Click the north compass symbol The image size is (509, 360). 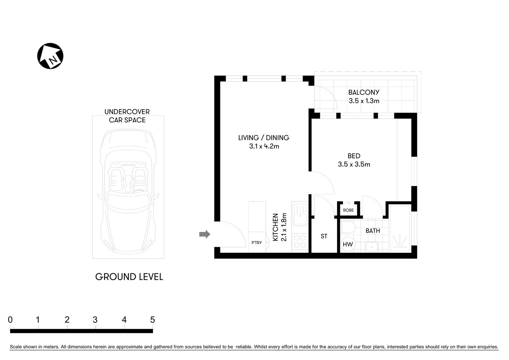point(50,56)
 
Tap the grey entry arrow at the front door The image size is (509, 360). point(204,234)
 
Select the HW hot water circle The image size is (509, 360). point(348,244)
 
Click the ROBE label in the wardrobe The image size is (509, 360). point(348,210)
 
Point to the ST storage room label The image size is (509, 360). point(324,236)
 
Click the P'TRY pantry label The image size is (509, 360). point(257,243)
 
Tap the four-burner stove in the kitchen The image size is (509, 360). point(299,241)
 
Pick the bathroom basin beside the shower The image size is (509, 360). point(371,247)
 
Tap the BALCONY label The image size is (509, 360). point(364,92)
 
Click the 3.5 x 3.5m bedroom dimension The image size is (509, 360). point(354,164)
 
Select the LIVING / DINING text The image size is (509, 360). point(263,138)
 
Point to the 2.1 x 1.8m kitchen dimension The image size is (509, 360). point(284,227)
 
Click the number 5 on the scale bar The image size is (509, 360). point(152,320)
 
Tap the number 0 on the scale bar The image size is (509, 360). point(10,320)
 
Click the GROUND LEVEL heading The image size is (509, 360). point(129,277)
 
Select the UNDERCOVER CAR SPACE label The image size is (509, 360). point(127,116)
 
